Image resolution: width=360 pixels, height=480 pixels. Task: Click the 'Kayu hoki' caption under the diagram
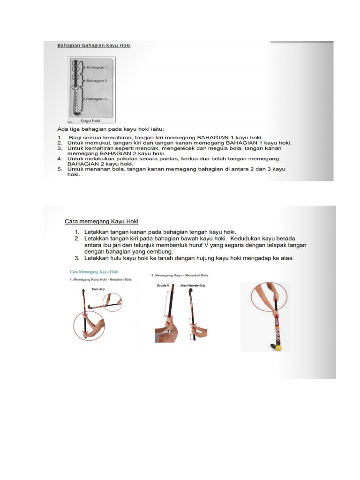(x=90, y=120)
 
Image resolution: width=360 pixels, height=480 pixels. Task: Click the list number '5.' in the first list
(x=60, y=169)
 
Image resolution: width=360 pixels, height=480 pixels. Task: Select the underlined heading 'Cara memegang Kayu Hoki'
(x=101, y=221)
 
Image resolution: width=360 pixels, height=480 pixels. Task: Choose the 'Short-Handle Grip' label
(x=193, y=285)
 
